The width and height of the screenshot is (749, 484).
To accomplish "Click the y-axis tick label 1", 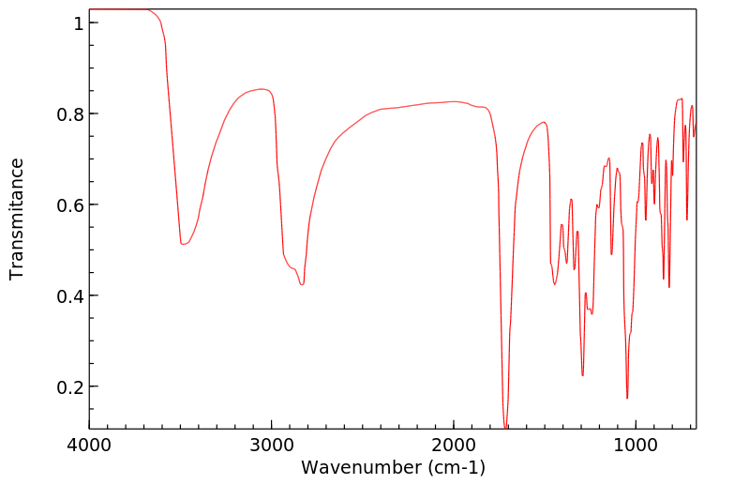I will [x=79, y=23].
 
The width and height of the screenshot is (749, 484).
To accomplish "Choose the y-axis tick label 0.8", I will [x=71, y=113].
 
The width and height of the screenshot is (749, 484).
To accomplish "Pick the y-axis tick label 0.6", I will [x=71, y=204].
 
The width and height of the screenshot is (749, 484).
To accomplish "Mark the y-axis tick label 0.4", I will [x=71, y=295].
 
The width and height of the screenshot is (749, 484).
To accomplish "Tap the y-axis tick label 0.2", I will [x=71, y=386].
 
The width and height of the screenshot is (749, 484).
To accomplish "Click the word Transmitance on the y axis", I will [x=17, y=219].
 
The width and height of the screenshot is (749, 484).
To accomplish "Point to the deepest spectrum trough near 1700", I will [x=505, y=428].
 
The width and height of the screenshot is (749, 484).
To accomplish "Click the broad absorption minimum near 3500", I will [x=184, y=245].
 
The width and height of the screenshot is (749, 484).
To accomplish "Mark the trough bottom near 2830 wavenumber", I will [x=302, y=284].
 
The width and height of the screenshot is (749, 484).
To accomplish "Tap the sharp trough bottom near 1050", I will [x=627, y=398].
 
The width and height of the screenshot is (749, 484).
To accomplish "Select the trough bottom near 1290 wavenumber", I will [x=582, y=375].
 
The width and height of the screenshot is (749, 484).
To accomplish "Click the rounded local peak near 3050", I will [x=262, y=89].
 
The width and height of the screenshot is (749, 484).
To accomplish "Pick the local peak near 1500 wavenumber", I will [x=544, y=123].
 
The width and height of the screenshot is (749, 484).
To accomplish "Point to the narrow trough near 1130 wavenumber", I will [x=611, y=254].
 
